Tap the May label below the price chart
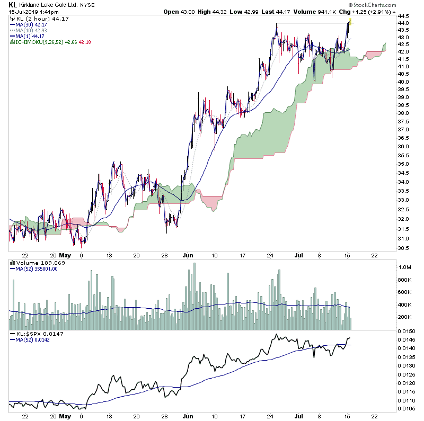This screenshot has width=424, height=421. click(x=65, y=255)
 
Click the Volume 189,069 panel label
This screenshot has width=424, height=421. click(x=35, y=262)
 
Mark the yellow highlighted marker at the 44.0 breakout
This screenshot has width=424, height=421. click(x=350, y=21)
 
